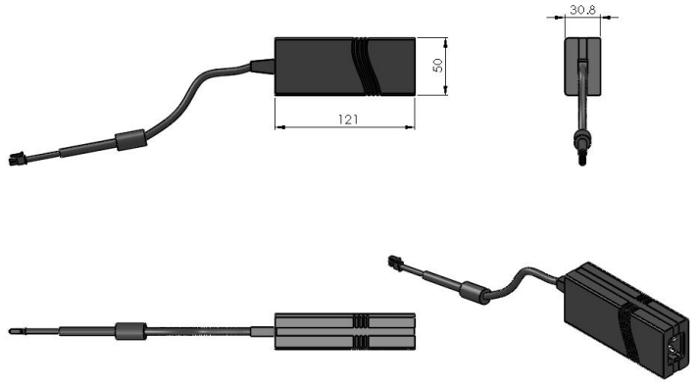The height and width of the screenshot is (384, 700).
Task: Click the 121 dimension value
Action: pyautogui.click(x=348, y=120)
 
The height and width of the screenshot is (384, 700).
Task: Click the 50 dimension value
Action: pyautogui.click(x=438, y=66)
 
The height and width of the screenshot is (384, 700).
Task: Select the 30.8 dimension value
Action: pyautogui.click(x=582, y=10)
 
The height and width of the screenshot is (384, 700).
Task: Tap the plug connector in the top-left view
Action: pyautogui.click(x=17, y=159)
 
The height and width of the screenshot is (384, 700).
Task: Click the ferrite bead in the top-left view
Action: pyautogui.click(x=131, y=139)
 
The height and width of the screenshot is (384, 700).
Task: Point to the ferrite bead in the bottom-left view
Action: pyautogui.click(x=130, y=331)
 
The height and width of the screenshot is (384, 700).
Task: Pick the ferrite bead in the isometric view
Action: pyautogui.click(x=475, y=293)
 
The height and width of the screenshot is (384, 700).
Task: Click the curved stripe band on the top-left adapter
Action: pyautogui.click(x=365, y=66)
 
